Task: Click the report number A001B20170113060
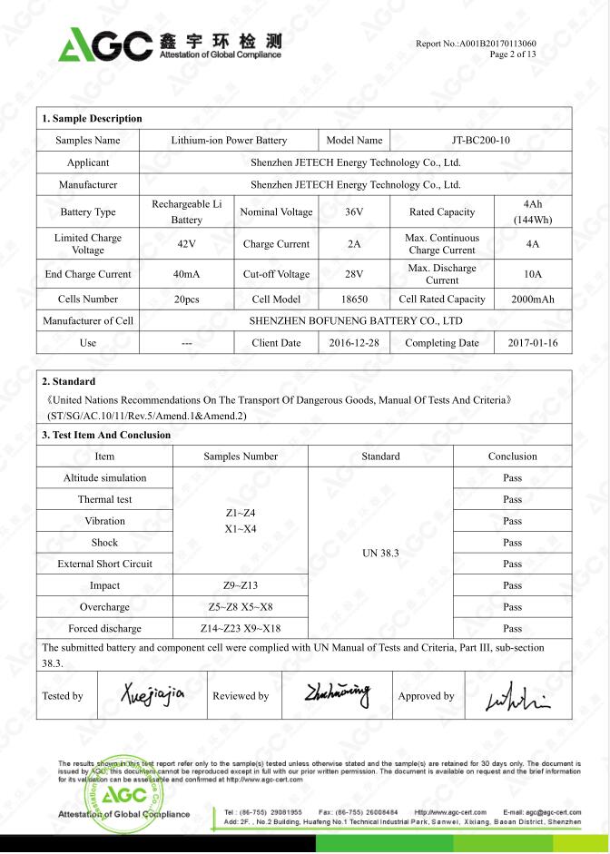(x=496, y=44)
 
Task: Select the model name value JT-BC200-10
(x=481, y=141)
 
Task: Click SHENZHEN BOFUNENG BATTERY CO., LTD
(x=356, y=320)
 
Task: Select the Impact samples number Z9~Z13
(x=240, y=586)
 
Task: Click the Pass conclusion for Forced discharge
(x=512, y=628)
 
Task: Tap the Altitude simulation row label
(x=104, y=477)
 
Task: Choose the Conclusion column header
(x=512, y=456)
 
